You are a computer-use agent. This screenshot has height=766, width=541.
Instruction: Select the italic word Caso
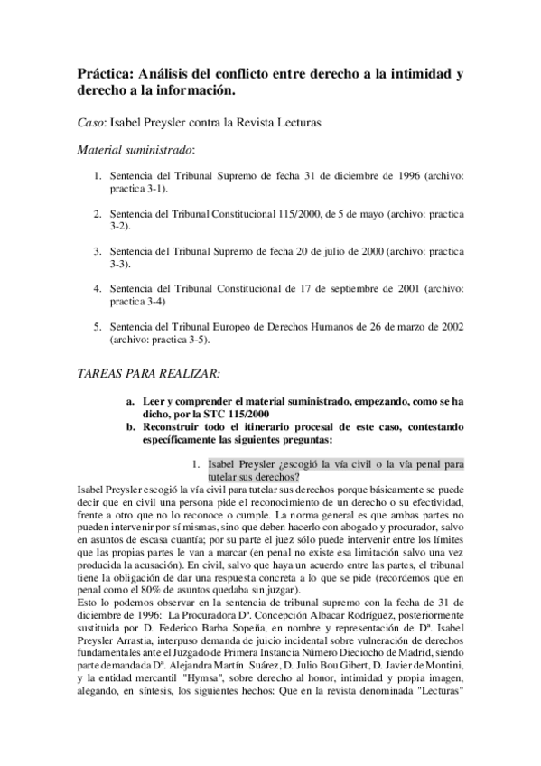tap(92, 120)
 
